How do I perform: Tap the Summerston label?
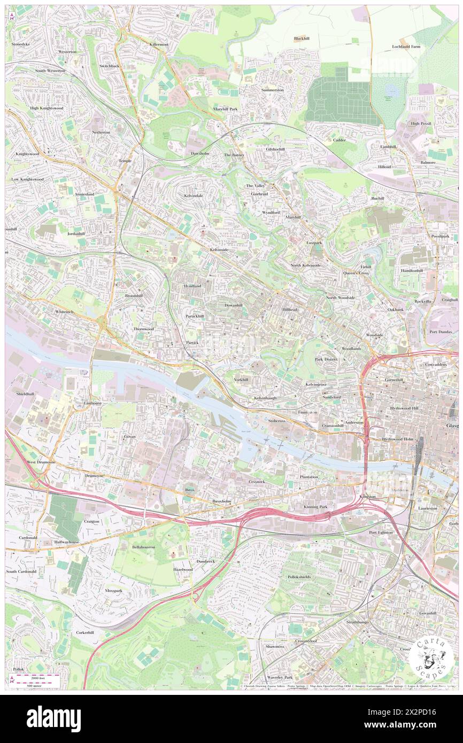[x=272, y=90]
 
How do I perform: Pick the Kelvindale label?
[x=193, y=196]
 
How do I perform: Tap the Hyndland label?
[x=191, y=286]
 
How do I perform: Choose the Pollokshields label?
[x=298, y=577]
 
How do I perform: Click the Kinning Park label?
[x=315, y=506]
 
